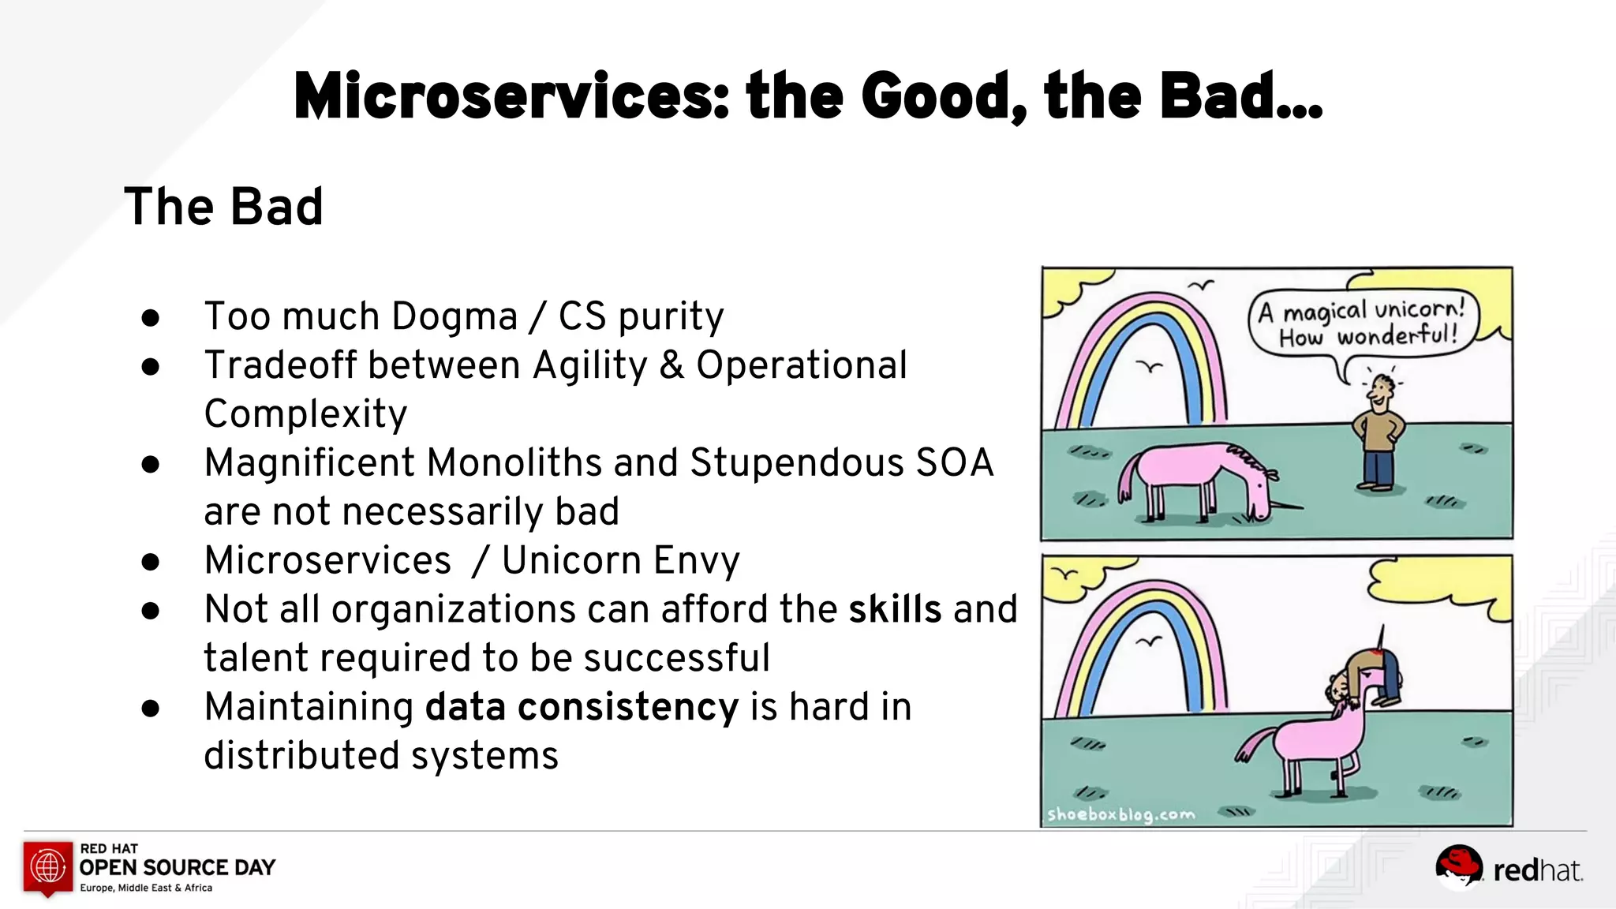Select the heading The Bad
tap(223, 207)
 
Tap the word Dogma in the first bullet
tap(454, 316)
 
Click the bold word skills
tap(895, 609)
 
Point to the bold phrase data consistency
tap(582, 707)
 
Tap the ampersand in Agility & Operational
tap(671, 365)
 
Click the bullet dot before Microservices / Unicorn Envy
tap(151, 562)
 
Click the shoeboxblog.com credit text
tap(1120, 814)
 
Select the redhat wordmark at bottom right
tap(1537, 870)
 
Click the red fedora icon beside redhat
tap(1458, 866)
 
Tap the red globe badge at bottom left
tap(48, 867)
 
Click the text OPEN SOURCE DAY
tap(178, 867)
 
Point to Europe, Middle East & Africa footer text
tap(146, 888)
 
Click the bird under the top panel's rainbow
tap(1150, 366)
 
